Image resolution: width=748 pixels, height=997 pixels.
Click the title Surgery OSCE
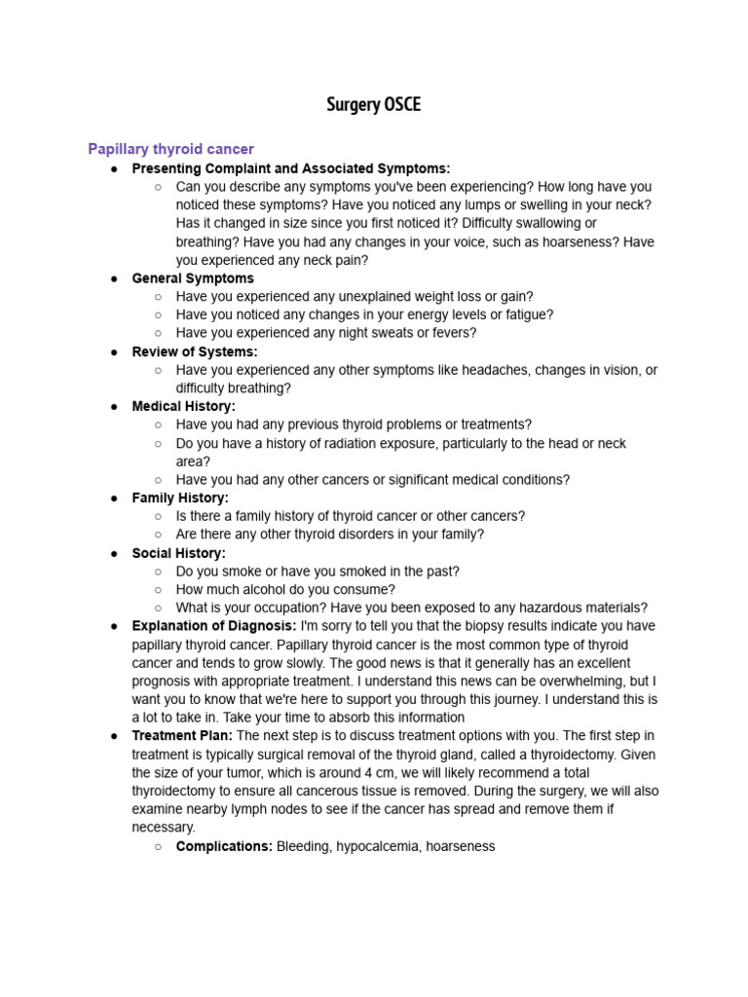(x=374, y=105)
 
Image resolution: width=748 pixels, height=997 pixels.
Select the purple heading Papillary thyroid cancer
(x=170, y=149)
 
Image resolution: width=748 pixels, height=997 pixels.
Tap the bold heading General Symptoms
(x=193, y=278)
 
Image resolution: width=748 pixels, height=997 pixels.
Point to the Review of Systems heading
(x=195, y=351)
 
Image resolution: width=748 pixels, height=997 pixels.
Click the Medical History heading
(x=183, y=406)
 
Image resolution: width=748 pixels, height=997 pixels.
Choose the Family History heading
(x=180, y=498)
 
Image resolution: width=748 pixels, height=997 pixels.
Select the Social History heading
(x=178, y=553)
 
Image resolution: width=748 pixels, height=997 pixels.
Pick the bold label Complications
(x=224, y=846)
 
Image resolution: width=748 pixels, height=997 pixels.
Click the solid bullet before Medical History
(x=114, y=407)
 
